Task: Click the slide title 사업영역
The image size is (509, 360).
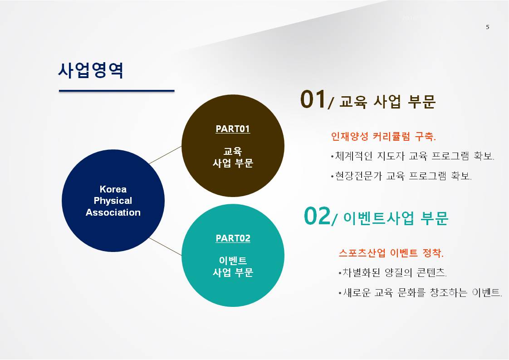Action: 91,70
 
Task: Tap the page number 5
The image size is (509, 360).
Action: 488,27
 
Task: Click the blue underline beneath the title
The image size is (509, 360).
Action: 117,91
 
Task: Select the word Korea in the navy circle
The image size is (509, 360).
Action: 113,189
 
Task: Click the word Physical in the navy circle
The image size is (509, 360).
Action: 113,201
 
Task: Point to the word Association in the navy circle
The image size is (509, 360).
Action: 113,212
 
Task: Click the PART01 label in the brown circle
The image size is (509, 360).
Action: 233,129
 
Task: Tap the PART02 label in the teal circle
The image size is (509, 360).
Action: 233,238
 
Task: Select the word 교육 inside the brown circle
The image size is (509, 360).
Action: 233,151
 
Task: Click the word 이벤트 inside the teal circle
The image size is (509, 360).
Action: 233,261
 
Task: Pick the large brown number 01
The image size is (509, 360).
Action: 313,99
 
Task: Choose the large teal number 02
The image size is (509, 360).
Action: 317,216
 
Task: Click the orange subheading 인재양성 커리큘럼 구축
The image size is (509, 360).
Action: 383,137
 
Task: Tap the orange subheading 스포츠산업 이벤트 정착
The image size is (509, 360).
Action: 391,253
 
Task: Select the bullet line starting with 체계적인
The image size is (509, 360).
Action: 412,156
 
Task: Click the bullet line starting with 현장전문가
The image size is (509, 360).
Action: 401,176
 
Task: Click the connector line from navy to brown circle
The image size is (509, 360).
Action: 165,155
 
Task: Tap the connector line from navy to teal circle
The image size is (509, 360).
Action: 165,247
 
